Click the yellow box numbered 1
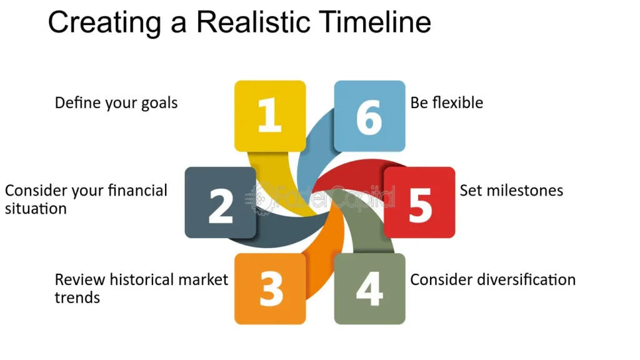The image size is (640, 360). [270, 116]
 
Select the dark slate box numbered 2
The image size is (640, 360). [221, 202]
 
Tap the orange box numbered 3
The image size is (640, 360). [270, 289]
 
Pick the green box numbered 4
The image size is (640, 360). [370, 289]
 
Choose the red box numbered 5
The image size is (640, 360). [419, 202]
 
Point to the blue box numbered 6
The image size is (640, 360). [370, 116]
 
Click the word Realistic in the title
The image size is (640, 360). [253, 22]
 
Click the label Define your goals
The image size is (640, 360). [116, 103]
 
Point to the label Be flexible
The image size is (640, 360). [446, 102]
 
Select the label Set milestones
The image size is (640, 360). [511, 190]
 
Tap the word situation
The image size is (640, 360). [36, 209]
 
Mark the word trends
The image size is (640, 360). [77, 297]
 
